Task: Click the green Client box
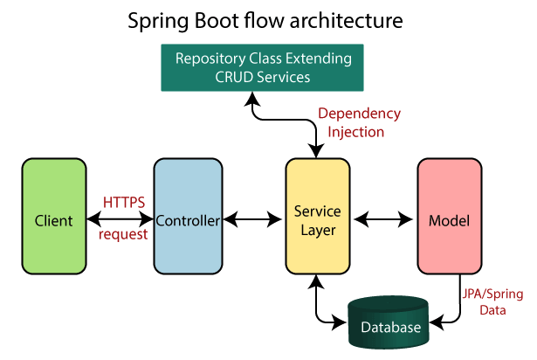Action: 53,220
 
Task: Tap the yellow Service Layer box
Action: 317,220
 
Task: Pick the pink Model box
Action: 449,220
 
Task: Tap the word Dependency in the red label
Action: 359,114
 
